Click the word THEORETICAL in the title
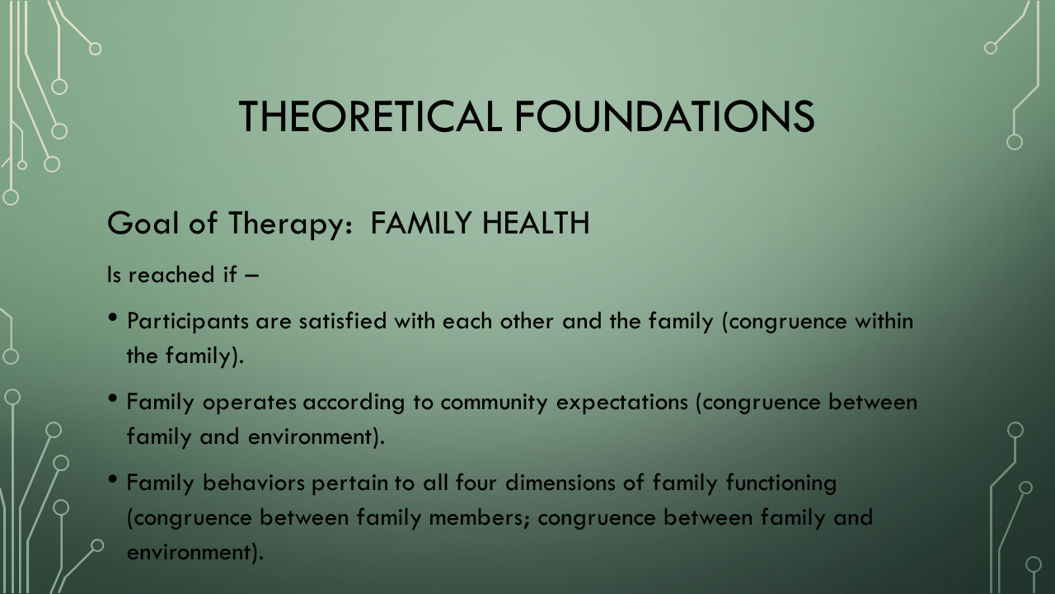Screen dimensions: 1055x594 pos(370,116)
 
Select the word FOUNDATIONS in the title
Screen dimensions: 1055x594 pos(664,116)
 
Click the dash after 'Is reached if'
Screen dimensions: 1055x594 pos(252,276)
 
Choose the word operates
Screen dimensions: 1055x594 pos(249,403)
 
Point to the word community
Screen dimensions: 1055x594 pos(494,403)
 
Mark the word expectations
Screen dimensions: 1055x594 pos(622,403)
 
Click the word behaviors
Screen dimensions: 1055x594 pos(253,483)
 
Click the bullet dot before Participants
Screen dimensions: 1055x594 pos(112,318)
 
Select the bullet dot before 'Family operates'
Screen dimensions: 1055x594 pos(112,398)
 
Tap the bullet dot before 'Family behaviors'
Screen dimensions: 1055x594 pos(112,479)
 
